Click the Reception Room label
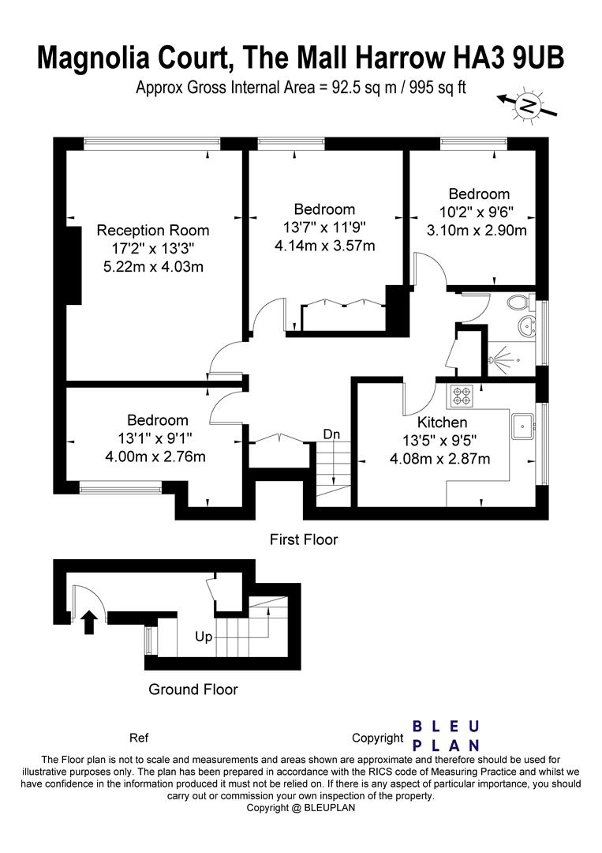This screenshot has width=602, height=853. (153, 231)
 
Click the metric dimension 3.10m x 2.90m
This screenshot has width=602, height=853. (477, 230)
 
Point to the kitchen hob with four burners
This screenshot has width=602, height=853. (460, 393)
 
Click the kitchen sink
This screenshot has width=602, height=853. (522, 427)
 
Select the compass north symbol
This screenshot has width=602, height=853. (529, 104)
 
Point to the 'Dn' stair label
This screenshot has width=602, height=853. (332, 434)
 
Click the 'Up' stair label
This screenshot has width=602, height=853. (204, 636)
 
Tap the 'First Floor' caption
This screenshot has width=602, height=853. (303, 540)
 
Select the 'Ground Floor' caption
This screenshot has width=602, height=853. (193, 690)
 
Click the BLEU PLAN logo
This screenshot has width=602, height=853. (447, 735)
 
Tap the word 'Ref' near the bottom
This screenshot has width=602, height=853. (139, 738)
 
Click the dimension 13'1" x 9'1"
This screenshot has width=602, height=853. (158, 438)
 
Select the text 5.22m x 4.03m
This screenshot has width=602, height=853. (153, 266)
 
